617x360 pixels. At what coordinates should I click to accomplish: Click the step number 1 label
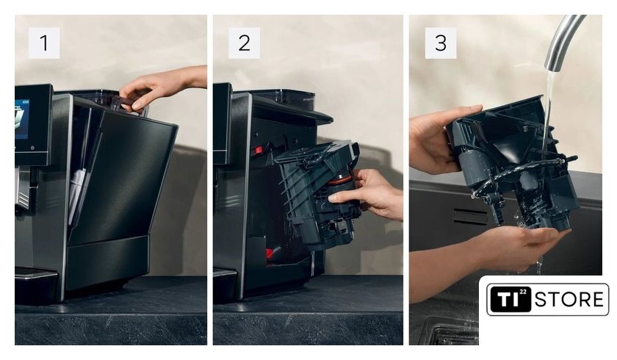(x=44, y=43)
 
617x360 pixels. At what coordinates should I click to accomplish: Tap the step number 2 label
(x=244, y=43)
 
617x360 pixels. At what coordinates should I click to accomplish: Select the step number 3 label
(x=440, y=43)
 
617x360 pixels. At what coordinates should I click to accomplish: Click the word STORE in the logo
(x=569, y=300)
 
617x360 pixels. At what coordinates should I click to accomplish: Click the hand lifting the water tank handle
(x=162, y=88)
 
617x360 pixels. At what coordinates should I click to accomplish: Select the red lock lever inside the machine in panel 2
(x=259, y=150)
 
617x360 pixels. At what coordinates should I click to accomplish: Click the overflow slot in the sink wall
(x=470, y=217)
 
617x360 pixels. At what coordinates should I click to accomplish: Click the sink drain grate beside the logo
(x=452, y=334)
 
